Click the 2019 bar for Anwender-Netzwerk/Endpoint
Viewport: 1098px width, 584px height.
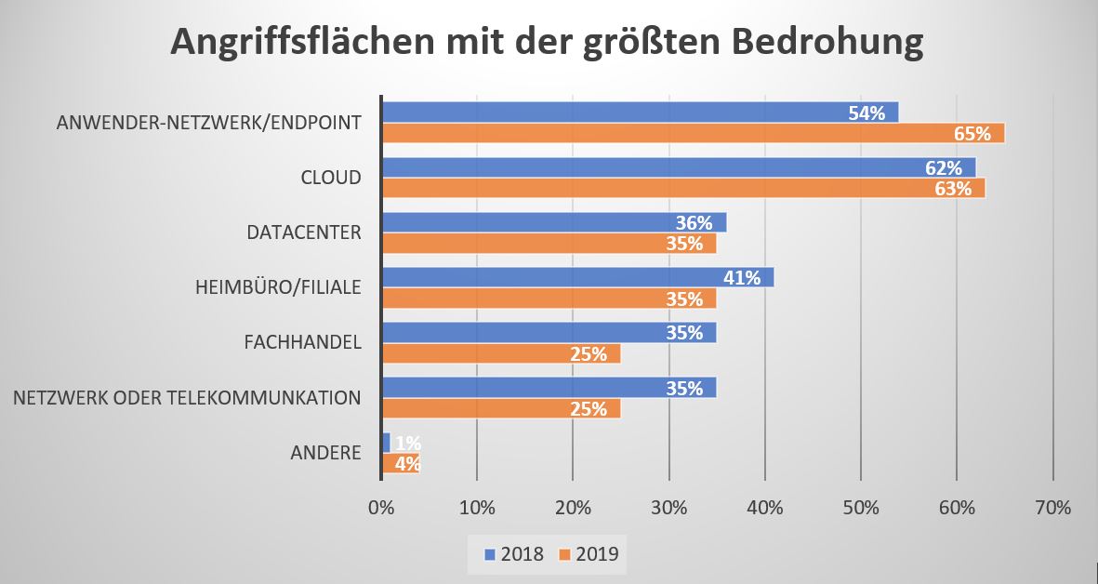(x=693, y=133)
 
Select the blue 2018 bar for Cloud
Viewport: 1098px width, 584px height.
(x=679, y=167)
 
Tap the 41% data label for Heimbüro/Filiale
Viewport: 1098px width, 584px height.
(x=742, y=277)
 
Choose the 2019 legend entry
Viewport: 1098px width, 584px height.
(x=588, y=554)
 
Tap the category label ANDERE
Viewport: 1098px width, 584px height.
(x=325, y=453)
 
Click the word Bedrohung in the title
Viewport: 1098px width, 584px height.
(x=814, y=44)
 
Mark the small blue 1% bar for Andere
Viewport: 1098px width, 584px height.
(x=386, y=443)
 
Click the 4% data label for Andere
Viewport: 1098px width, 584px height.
(x=407, y=463)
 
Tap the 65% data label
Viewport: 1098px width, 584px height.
(x=972, y=133)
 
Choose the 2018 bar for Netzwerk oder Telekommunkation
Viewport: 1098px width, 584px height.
(x=549, y=388)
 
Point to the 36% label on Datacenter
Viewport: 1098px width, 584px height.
(x=694, y=222)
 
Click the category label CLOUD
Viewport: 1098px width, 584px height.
(x=330, y=177)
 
